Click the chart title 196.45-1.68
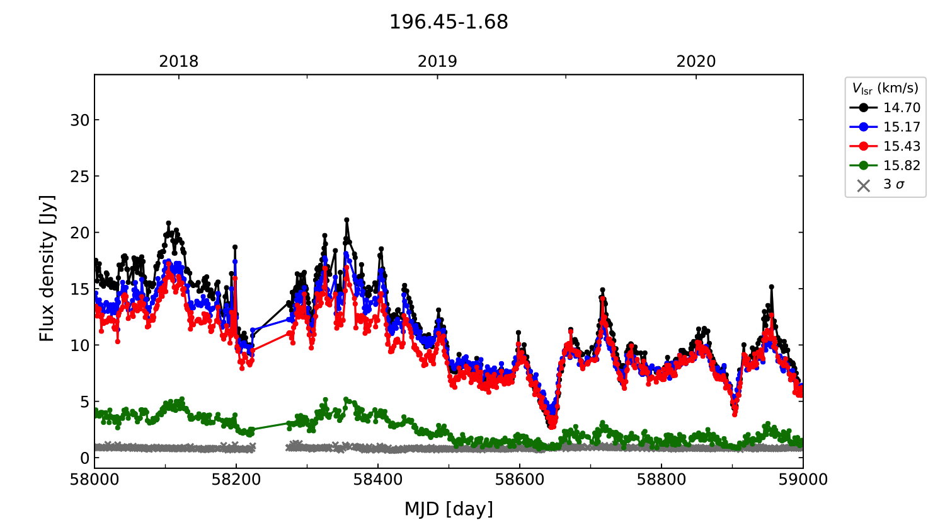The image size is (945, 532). [x=449, y=22]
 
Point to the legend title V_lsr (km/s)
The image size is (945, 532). [x=885, y=88]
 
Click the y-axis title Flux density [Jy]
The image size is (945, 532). [x=47, y=269]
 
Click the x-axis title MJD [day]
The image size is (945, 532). [x=449, y=509]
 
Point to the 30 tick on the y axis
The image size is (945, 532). [x=80, y=120]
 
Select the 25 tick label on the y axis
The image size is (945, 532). [x=80, y=176]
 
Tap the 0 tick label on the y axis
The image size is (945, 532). [x=85, y=458]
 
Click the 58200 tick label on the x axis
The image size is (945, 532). [x=236, y=480]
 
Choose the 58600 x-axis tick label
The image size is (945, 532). [x=520, y=480]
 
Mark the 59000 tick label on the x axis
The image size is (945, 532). [x=803, y=480]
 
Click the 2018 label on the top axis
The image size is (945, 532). [x=178, y=62]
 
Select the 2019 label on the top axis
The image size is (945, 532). [x=437, y=62]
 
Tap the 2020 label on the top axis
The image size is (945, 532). [x=696, y=62]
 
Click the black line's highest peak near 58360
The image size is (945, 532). [x=346, y=220]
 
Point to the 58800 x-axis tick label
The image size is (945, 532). [x=661, y=480]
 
